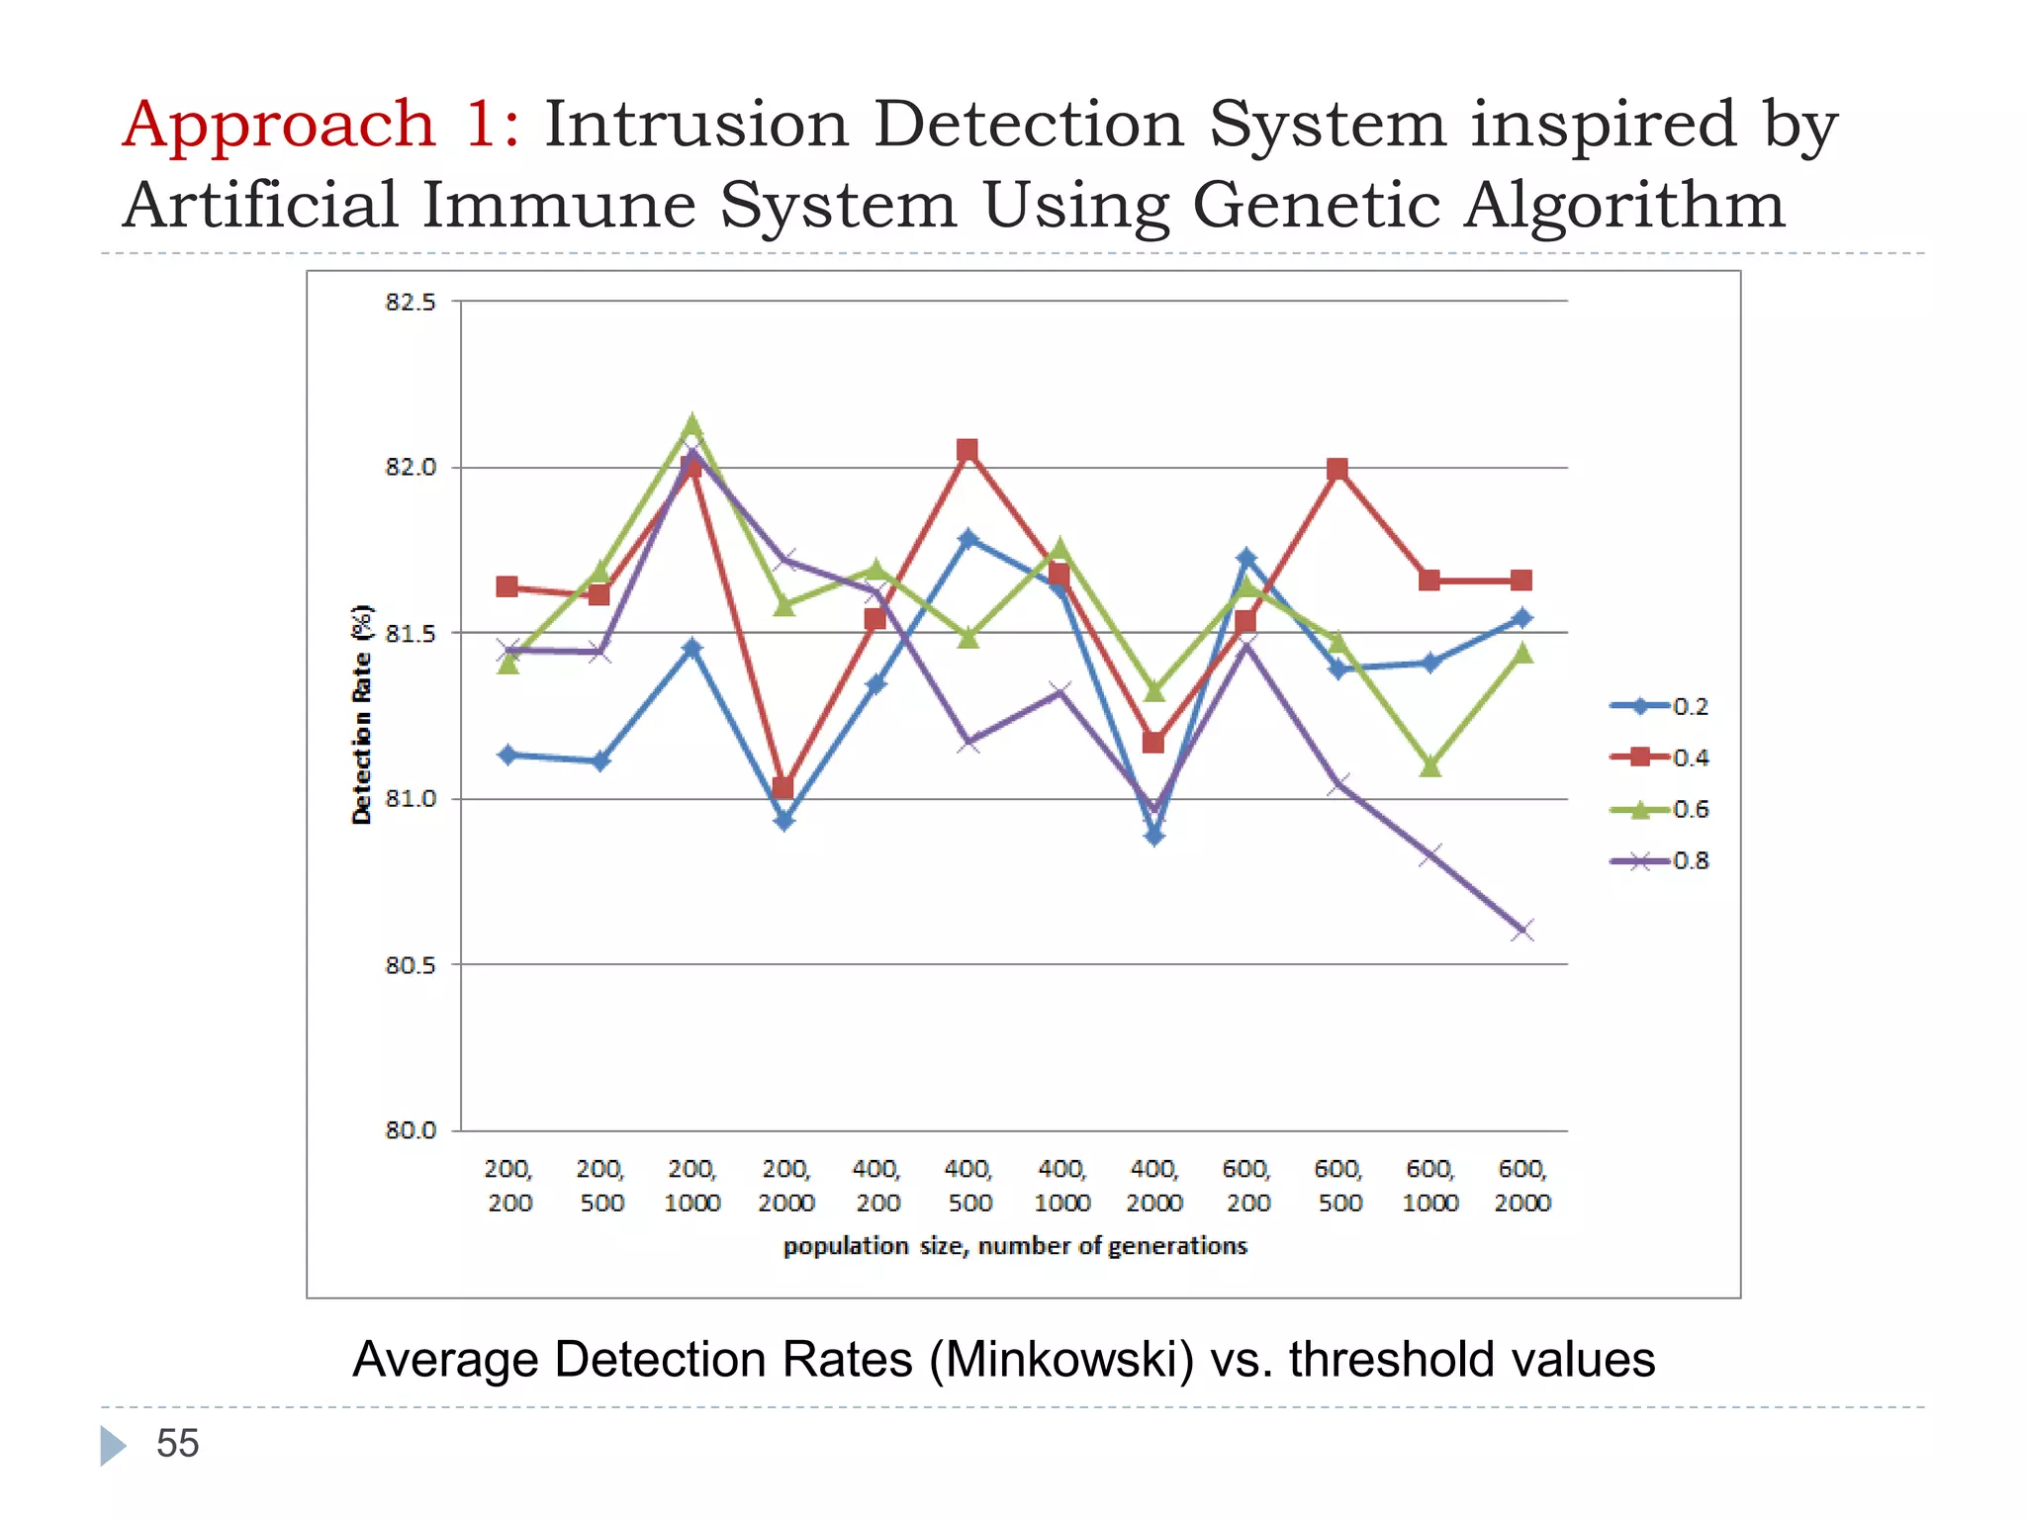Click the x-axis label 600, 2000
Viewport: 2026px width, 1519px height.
click(1522, 1186)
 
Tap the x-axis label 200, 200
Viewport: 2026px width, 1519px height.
click(508, 1186)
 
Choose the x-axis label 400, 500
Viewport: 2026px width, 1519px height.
click(968, 1186)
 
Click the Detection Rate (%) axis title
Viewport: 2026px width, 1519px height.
click(362, 714)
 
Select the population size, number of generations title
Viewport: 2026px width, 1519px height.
click(1015, 1246)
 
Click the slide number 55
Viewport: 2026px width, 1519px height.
click(178, 1444)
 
